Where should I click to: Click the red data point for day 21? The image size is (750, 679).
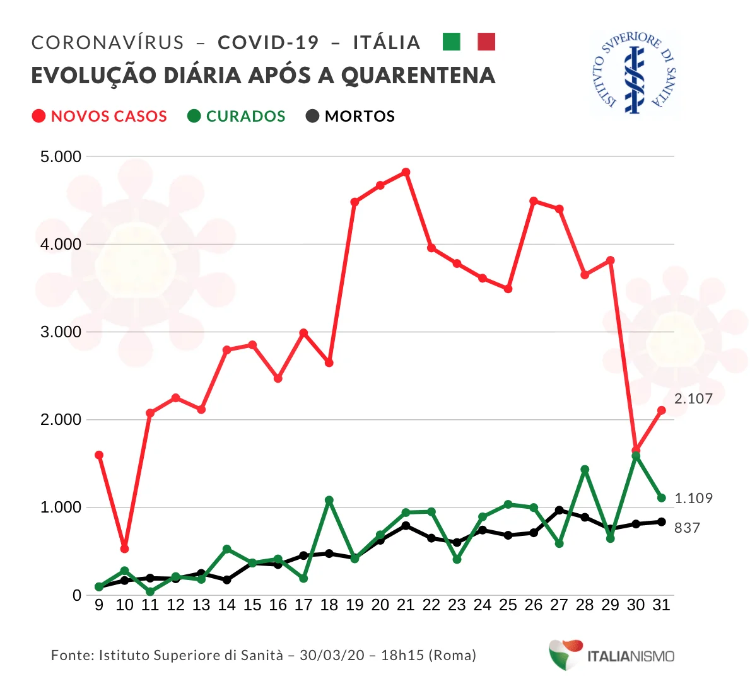click(406, 172)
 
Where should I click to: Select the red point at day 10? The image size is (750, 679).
click(124, 548)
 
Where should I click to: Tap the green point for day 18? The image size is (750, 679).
click(329, 501)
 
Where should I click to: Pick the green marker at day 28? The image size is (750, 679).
click(585, 470)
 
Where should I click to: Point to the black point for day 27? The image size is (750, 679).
click(559, 510)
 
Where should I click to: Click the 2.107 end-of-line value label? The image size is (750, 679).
click(693, 398)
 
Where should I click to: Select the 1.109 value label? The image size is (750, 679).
click(693, 498)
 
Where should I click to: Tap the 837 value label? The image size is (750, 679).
click(687, 528)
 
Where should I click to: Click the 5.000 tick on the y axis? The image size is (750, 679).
click(61, 156)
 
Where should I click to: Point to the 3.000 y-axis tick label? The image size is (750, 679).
click(61, 332)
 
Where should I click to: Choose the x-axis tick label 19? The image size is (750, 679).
click(354, 605)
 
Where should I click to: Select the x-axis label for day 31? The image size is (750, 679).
click(661, 605)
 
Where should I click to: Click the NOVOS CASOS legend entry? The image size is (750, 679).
click(100, 117)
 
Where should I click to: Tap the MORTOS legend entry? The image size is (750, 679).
click(351, 117)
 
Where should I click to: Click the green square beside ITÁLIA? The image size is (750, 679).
click(452, 42)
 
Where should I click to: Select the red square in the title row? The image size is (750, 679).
click(486, 42)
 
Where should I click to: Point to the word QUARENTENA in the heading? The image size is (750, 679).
click(418, 76)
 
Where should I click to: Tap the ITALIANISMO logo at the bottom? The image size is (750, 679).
click(611, 656)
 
